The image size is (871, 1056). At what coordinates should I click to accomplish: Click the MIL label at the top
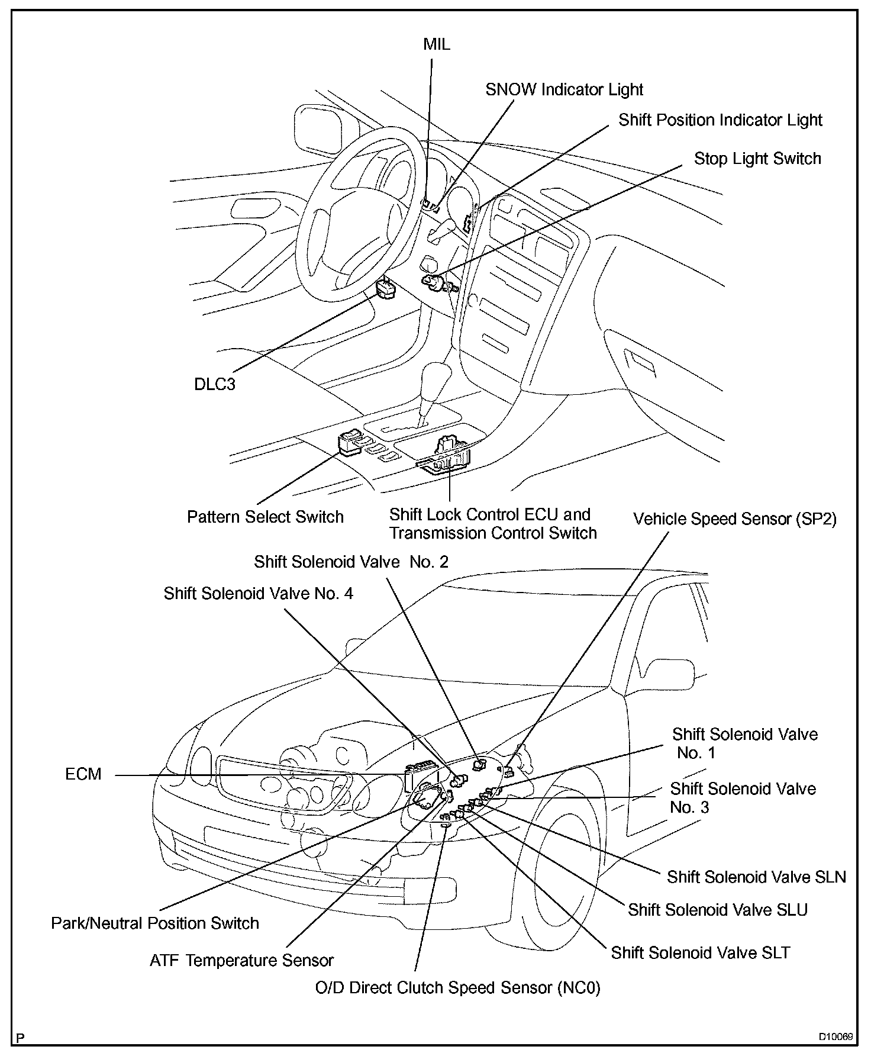(x=437, y=44)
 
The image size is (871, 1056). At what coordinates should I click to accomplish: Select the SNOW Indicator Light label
(x=564, y=89)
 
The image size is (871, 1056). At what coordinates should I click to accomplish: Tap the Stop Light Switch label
(x=757, y=159)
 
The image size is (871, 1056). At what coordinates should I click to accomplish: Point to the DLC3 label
(x=215, y=385)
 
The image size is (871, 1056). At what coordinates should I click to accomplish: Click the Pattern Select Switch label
(x=265, y=517)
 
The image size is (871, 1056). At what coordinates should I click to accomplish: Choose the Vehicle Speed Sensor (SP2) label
(x=734, y=519)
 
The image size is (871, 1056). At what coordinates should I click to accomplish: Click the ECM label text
(x=83, y=774)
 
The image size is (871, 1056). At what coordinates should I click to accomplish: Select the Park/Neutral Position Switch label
(x=155, y=923)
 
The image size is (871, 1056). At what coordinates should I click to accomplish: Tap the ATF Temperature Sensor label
(x=241, y=960)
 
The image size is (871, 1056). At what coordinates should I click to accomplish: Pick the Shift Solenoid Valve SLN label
(x=756, y=877)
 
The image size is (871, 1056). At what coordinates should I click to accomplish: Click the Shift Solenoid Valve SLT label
(x=701, y=952)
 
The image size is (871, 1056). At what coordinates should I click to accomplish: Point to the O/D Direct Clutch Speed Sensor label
(x=457, y=988)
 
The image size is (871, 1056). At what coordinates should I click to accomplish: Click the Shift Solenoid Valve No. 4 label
(x=259, y=593)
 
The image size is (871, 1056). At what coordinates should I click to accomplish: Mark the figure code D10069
(x=835, y=1037)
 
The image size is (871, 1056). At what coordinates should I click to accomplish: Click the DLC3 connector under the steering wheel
(x=385, y=290)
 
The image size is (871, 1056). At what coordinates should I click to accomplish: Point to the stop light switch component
(x=434, y=282)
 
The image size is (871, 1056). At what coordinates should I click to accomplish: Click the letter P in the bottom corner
(x=21, y=1038)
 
